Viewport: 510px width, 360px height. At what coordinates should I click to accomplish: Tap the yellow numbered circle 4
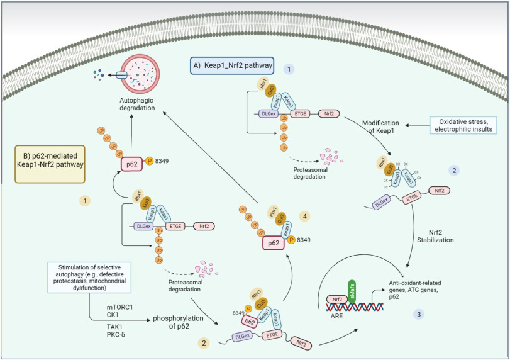[x=303, y=215]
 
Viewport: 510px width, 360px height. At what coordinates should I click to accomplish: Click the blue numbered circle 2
[x=453, y=171]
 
